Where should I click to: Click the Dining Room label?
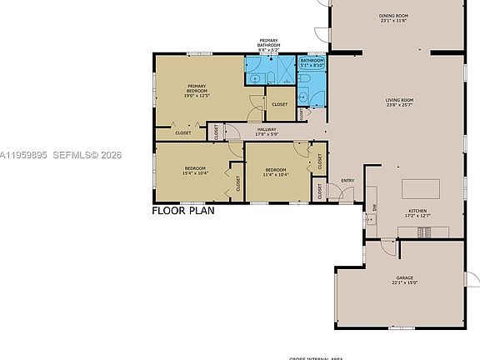(392, 17)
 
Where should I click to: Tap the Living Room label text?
(399, 102)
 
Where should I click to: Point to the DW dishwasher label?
(375, 207)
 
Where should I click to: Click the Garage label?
(404, 280)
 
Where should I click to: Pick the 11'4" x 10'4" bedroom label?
(275, 173)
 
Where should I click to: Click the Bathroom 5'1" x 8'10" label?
(312, 62)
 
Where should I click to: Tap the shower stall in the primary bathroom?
(284, 67)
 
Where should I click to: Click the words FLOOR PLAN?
(183, 211)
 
